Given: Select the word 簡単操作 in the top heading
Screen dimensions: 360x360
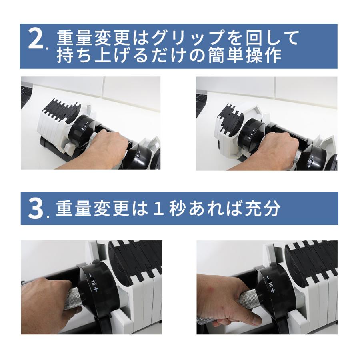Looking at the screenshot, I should (249, 56).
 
